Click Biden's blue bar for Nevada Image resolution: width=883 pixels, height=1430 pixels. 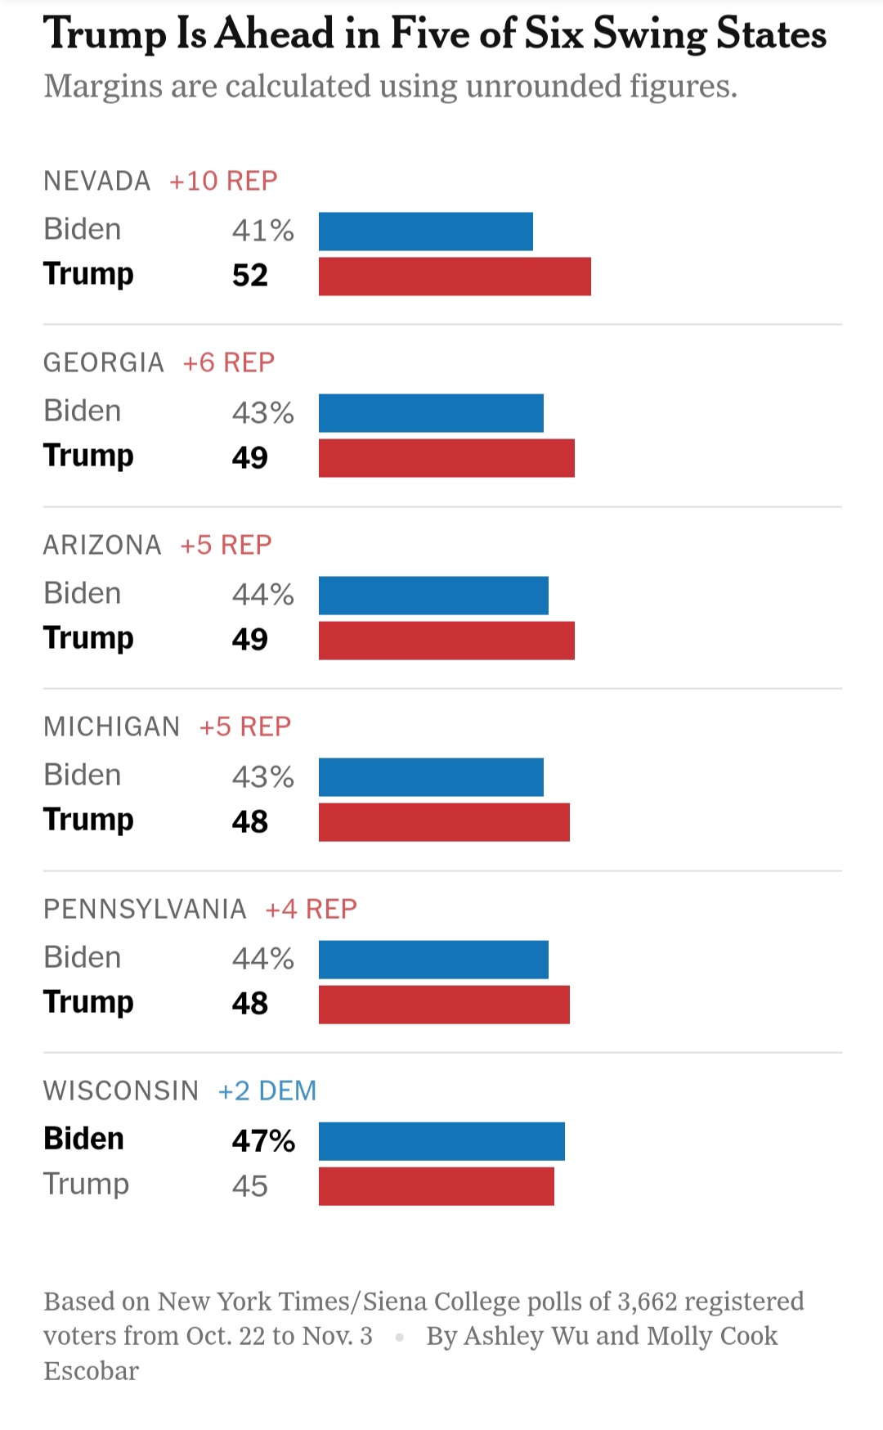(x=425, y=232)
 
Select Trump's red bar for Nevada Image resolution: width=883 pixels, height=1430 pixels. (x=455, y=277)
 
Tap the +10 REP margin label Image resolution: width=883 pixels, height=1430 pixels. (x=223, y=181)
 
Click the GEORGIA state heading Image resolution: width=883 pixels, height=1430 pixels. (x=104, y=362)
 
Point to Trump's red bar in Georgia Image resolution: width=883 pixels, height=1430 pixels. (x=446, y=458)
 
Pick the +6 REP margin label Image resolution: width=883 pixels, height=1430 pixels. (x=229, y=362)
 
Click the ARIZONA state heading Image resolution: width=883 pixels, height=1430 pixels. (x=102, y=545)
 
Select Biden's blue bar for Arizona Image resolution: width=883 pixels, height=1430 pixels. (x=433, y=596)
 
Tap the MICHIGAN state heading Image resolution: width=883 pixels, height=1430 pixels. (x=112, y=726)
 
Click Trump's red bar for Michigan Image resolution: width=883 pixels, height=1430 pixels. (x=444, y=822)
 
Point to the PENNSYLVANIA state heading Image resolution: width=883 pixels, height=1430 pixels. (x=145, y=909)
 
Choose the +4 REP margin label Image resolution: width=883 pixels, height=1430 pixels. (x=312, y=909)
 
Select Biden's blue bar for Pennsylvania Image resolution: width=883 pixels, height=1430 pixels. (x=433, y=960)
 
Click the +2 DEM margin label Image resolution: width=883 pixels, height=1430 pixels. (x=267, y=1090)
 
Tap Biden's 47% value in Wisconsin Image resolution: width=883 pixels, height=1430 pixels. (x=263, y=1140)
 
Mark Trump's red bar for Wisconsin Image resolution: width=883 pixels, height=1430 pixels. (x=437, y=1186)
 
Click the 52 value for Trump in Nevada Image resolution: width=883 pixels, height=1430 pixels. (x=250, y=276)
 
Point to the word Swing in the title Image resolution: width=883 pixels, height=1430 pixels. (x=650, y=34)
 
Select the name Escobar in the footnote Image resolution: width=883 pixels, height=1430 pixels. (x=92, y=1371)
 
